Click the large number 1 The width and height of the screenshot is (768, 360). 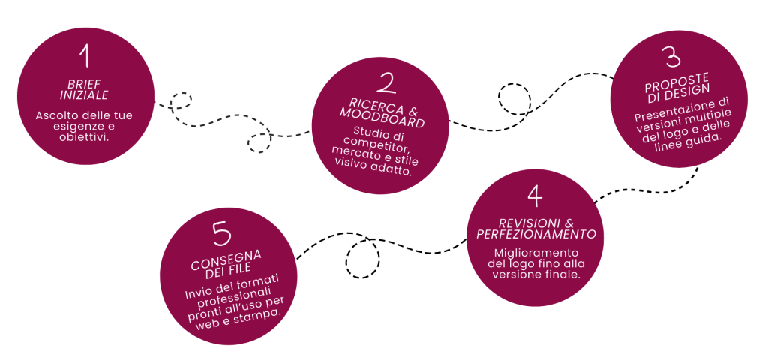pos(85,56)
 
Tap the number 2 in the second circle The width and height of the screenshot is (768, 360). pos(386,82)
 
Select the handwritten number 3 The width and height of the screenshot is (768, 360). pos(673,57)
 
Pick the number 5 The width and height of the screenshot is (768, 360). pos(222,234)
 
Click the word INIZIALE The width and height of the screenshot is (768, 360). pos(84,95)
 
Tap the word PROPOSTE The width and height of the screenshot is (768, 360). pos(676,82)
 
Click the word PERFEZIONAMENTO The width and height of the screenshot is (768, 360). pos(536,234)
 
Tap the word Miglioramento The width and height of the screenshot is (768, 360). pos(536,253)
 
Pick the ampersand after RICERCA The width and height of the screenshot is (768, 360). pos(412,110)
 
